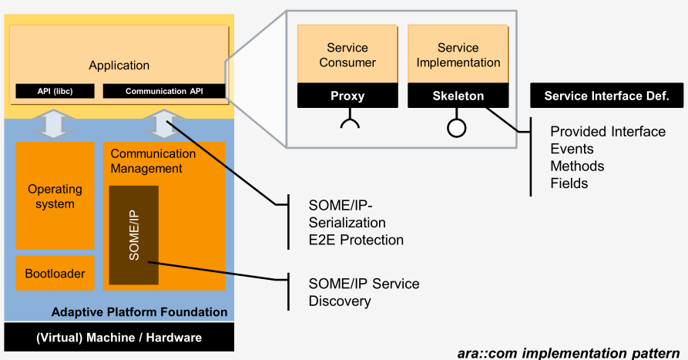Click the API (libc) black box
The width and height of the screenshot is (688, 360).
[x=55, y=91]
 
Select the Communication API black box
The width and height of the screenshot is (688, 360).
[x=164, y=91]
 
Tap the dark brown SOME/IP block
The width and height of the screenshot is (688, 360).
[x=134, y=235]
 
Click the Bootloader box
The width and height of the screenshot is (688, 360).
[x=55, y=273]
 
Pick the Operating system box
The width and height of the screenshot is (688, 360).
[x=55, y=196]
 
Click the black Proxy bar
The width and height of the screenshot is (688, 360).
[x=347, y=96]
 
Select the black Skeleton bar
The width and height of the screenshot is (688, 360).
[x=458, y=96]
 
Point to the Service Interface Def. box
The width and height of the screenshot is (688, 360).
[x=607, y=96]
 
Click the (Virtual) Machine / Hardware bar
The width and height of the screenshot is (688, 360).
[x=119, y=337]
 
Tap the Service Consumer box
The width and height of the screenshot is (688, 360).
[x=347, y=55]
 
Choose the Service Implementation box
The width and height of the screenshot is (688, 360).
[x=458, y=55]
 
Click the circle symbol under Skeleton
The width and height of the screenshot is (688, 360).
[x=456, y=128]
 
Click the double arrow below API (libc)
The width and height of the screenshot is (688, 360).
[x=54, y=124]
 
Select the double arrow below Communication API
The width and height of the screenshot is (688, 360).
[x=163, y=124]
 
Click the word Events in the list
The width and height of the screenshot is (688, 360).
[x=572, y=149]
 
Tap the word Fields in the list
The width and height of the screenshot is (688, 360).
[x=569, y=183]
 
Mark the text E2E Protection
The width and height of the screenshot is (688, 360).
[x=356, y=240]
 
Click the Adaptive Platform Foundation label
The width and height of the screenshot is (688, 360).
[x=139, y=311]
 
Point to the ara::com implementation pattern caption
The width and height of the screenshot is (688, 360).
[x=569, y=353]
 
